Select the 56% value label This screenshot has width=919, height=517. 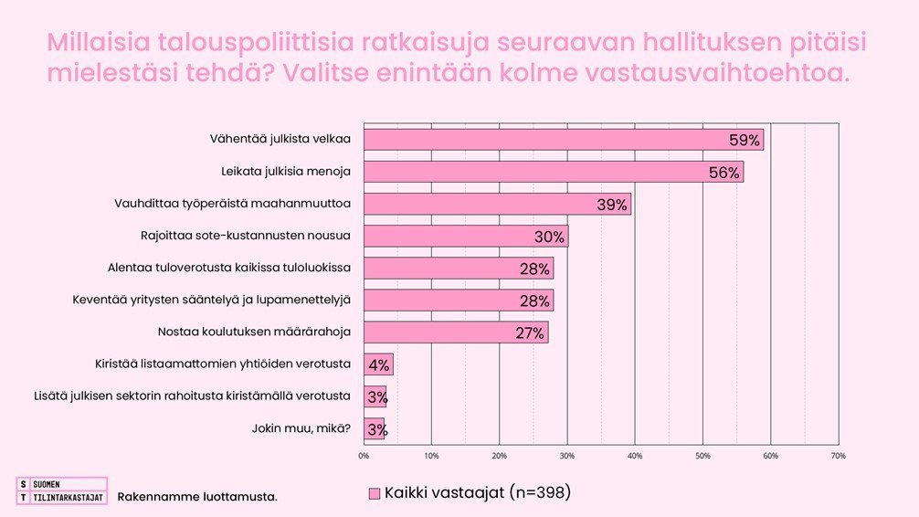tap(724, 173)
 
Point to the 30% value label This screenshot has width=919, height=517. tap(550, 237)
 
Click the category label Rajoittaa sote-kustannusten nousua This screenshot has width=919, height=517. tap(247, 235)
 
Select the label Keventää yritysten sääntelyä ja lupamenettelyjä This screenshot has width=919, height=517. tap(211, 299)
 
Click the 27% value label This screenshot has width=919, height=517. tap(530, 333)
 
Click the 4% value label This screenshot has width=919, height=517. tap(379, 365)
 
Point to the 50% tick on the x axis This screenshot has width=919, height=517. tap(702, 455)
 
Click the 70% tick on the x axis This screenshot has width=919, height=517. tap(838, 455)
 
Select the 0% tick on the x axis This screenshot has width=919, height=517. tap(364, 455)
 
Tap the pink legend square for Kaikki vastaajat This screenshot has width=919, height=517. tap(374, 493)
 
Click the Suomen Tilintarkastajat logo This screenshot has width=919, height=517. tap(61, 491)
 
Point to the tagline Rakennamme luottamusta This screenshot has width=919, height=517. tap(197, 497)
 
